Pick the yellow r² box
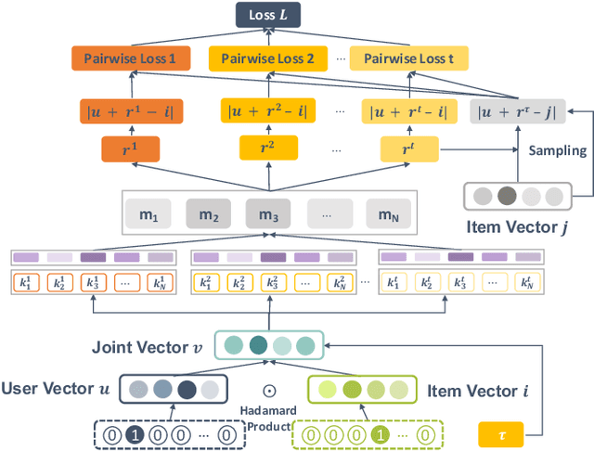pyautogui.click(x=267, y=148)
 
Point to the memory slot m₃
pyautogui.click(x=268, y=214)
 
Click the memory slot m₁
pyautogui.click(x=148, y=214)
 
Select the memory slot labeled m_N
pyautogui.click(x=388, y=214)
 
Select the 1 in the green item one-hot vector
pyautogui.click(x=378, y=433)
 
